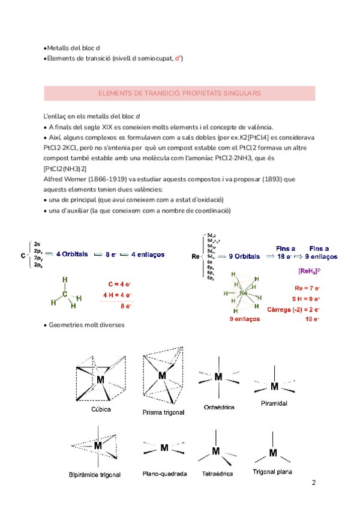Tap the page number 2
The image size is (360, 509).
tap(314, 483)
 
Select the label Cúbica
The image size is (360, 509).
tap(101, 410)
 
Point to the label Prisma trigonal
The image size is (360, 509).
tap(163, 412)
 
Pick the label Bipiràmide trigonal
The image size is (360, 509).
tap(95, 475)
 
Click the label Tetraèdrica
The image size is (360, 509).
tap(216, 474)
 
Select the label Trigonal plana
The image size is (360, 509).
tap(272, 472)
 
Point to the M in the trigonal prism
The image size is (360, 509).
tap(161, 375)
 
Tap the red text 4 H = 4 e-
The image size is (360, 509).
tap(118, 295)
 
